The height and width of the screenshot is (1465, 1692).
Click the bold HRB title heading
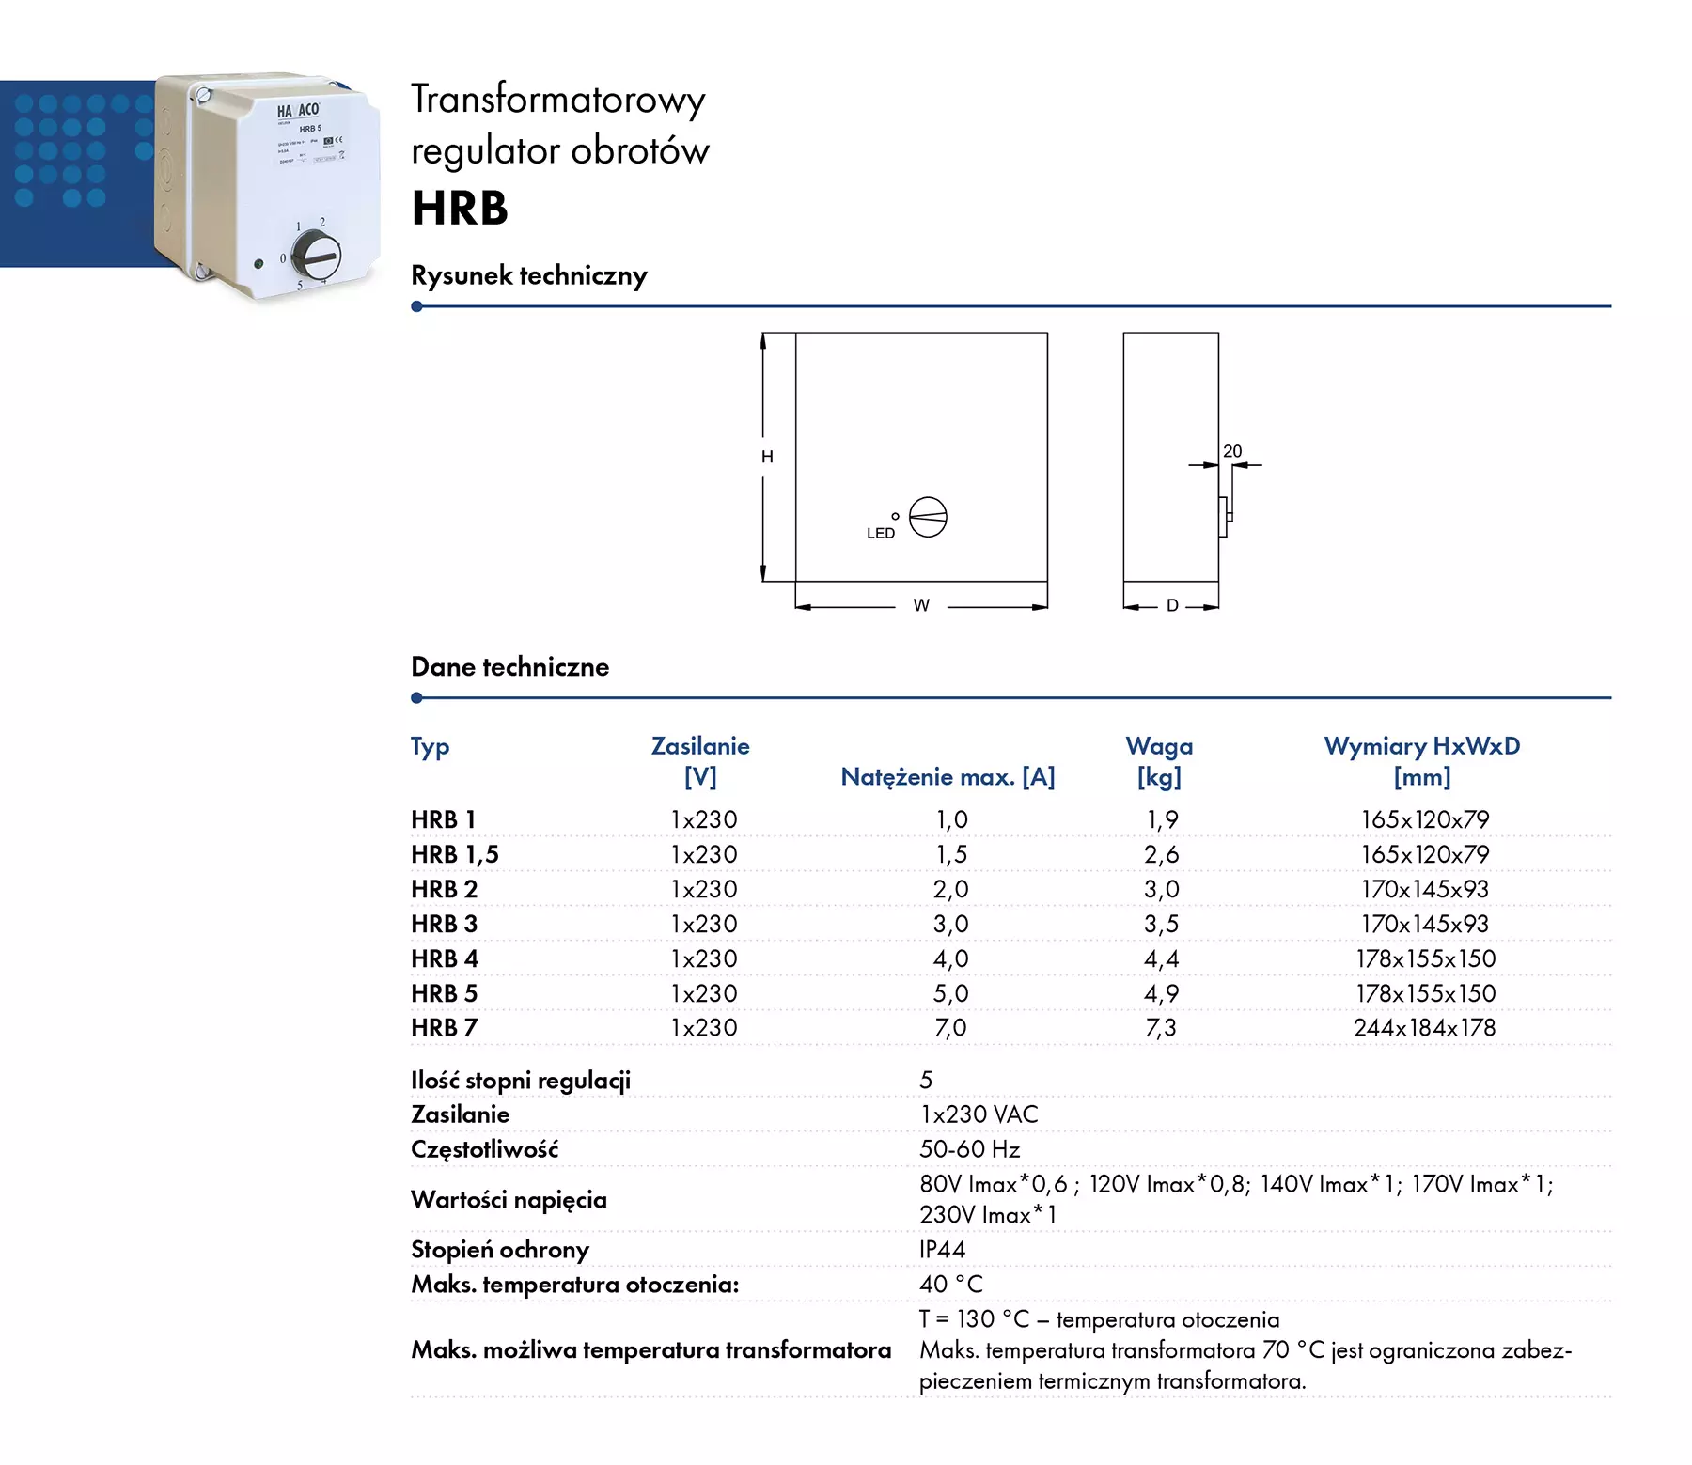tap(460, 208)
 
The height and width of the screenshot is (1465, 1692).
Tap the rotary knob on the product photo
tap(316, 255)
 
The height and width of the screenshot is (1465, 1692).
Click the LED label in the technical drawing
tap(880, 534)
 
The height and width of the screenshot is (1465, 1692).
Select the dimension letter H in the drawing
tap(767, 457)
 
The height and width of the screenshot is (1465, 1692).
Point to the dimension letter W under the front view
tap(921, 606)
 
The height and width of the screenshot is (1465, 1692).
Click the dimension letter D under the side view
tap(1172, 606)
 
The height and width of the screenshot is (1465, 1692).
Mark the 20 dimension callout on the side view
tap(1232, 452)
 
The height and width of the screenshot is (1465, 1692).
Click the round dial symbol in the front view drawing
tap(928, 517)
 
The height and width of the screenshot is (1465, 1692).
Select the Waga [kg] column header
tap(1159, 761)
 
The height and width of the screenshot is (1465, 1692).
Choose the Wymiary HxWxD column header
tap(1421, 761)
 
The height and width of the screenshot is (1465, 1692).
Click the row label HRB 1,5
tap(455, 854)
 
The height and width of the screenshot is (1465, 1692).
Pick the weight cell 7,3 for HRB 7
tap(1161, 1028)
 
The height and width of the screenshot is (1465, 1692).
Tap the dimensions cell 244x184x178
tap(1424, 1028)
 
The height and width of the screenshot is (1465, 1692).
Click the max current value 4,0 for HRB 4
tap(950, 958)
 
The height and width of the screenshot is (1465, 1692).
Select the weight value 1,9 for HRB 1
tap(1162, 819)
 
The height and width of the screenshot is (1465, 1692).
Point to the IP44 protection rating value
tap(942, 1250)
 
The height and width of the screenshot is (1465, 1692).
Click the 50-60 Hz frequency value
tap(969, 1149)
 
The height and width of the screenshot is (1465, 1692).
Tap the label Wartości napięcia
tap(509, 1200)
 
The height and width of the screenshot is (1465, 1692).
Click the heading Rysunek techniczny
tap(529, 275)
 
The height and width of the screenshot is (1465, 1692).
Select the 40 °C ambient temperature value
tap(950, 1285)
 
